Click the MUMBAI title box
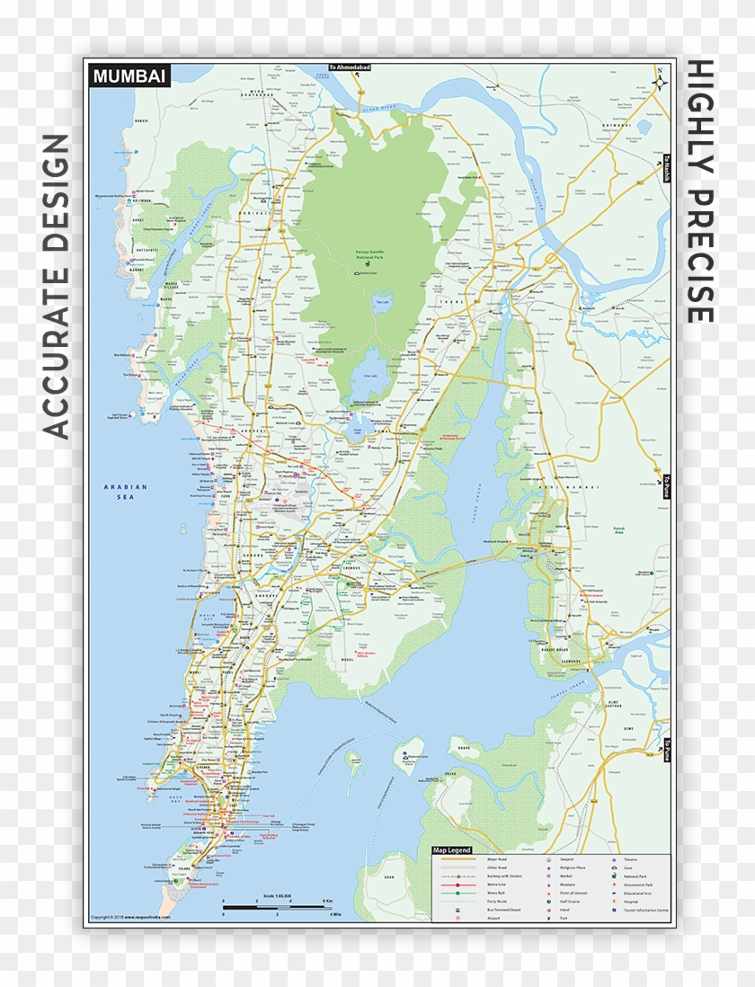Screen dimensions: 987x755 point(129,77)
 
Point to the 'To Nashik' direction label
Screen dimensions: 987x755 point(667,168)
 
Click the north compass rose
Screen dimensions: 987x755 point(661,80)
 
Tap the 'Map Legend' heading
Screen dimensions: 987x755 point(452,849)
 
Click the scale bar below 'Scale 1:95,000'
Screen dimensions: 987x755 point(278,907)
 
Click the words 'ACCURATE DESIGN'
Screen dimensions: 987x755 point(56,286)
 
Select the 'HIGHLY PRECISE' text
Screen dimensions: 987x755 point(699,191)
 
